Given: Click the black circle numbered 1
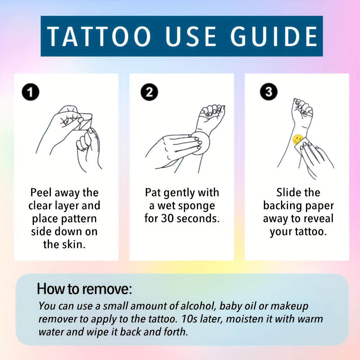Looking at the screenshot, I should click(x=30, y=93).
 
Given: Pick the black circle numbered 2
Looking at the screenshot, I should click(x=149, y=93).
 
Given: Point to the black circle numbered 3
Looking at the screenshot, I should click(x=269, y=93).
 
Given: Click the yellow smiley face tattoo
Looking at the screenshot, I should click(x=298, y=139).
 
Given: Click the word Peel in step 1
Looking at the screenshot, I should click(x=41, y=193).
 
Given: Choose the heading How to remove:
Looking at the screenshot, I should click(x=85, y=289).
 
